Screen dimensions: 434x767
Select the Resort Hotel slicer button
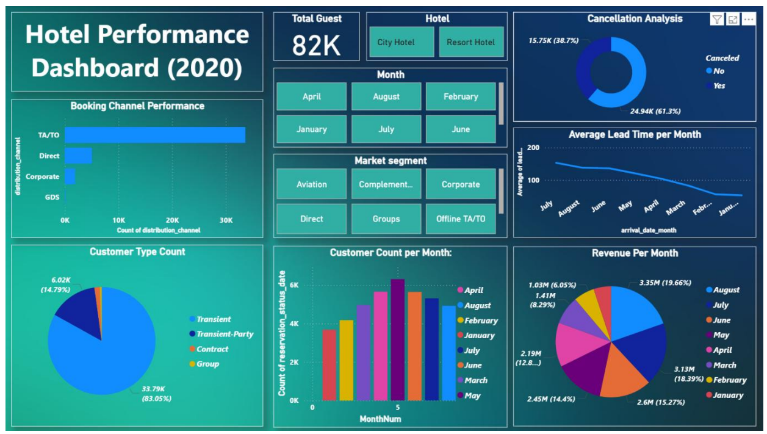coord(471,42)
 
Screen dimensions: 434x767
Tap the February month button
coord(461,96)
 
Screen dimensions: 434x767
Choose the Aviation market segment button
coord(312,184)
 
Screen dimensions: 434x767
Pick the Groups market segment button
coord(386,219)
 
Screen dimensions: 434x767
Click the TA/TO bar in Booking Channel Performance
coord(155,135)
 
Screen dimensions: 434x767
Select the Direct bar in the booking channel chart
coord(78,156)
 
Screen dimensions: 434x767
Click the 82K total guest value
coord(316,45)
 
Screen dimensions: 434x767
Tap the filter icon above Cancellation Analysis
coord(717,20)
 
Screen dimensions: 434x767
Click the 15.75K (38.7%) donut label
coord(553,40)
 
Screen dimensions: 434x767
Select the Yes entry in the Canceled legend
coord(719,85)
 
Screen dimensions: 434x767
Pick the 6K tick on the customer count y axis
coord(293,285)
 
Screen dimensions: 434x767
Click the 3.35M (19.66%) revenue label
coord(665,283)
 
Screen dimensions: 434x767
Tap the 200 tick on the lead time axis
coord(533,148)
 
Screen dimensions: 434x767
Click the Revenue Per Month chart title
coord(635,253)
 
